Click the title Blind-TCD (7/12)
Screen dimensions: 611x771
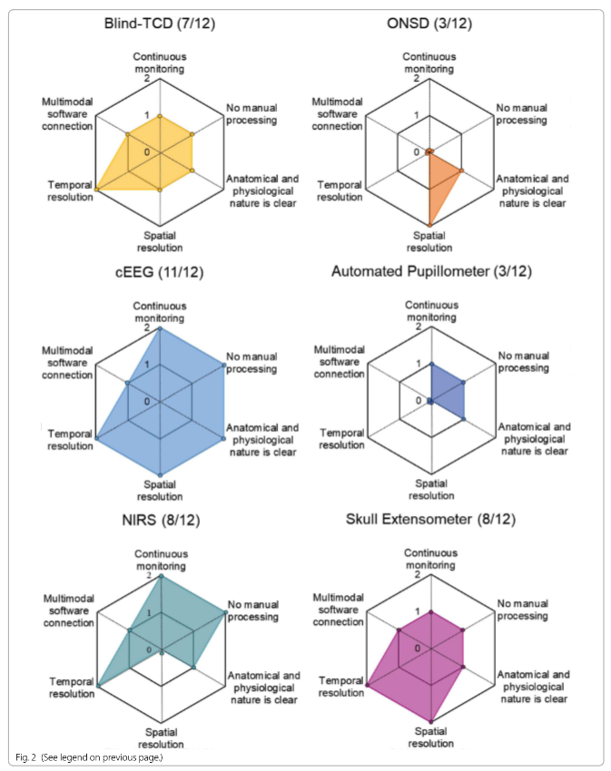click(160, 23)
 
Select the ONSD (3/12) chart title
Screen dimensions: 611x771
click(429, 23)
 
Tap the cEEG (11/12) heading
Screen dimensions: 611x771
click(159, 272)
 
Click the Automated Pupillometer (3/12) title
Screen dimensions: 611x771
click(431, 271)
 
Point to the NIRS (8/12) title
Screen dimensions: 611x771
click(161, 520)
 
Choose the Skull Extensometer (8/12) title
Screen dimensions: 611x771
click(431, 519)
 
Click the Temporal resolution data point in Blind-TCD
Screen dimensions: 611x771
click(96, 190)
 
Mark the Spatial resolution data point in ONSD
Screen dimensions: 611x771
click(429, 225)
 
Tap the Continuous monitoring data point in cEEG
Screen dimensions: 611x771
click(160, 328)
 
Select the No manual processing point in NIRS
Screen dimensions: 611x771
click(225, 612)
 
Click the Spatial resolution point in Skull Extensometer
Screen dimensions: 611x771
click(431, 721)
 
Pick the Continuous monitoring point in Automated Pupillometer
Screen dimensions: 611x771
click(431, 365)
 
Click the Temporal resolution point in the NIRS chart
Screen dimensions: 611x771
click(98, 686)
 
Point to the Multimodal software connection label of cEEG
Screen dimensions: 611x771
click(67, 363)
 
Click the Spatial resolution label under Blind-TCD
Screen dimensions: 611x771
click(160, 241)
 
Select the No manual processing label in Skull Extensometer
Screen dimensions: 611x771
click(522, 610)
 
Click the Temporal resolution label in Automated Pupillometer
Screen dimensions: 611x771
click(341, 439)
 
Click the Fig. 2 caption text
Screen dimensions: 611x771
click(89, 757)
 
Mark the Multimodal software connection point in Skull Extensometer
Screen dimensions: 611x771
click(399, 629)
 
